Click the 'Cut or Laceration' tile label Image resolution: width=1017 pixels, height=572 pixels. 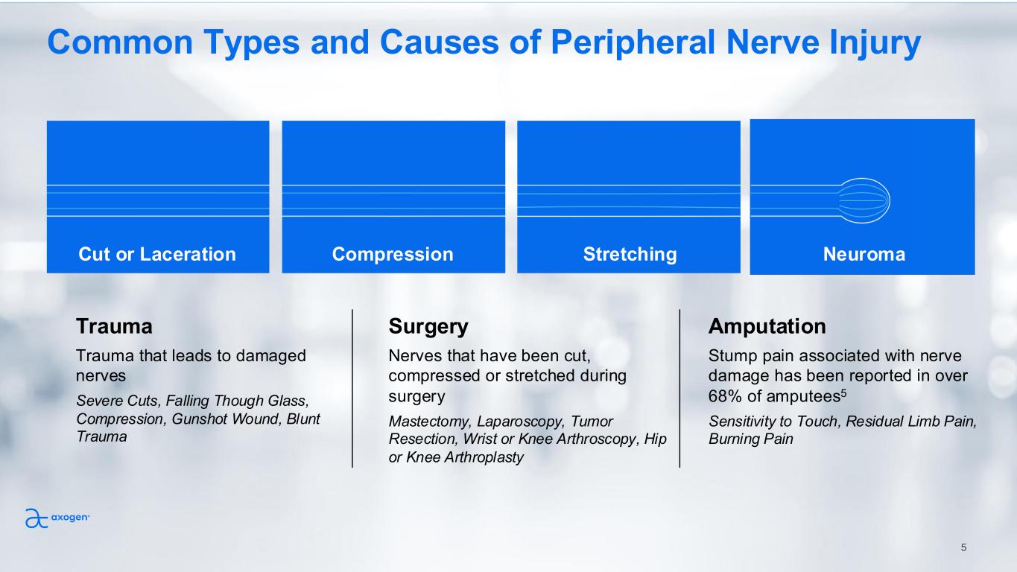click(157, 255)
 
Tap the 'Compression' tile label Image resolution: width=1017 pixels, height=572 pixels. click(393, 255)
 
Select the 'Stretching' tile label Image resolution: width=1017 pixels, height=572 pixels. click(630, 255)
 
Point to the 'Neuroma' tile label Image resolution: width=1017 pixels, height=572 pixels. click(864, 255)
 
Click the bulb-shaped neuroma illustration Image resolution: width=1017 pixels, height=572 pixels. click(864, 201)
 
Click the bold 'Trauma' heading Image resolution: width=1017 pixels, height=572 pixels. click(114, 326)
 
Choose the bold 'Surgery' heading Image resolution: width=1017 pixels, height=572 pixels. click(428, 326)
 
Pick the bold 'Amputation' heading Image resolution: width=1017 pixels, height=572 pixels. click(767, 326)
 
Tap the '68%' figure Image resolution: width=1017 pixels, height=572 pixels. click(724, 395)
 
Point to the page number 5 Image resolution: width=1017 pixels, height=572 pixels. click(963, 547)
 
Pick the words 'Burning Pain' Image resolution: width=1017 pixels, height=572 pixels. click(751, 439)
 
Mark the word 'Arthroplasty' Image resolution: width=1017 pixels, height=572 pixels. click(481, 457)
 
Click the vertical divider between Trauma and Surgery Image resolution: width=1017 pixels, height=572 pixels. click(352, 388)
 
